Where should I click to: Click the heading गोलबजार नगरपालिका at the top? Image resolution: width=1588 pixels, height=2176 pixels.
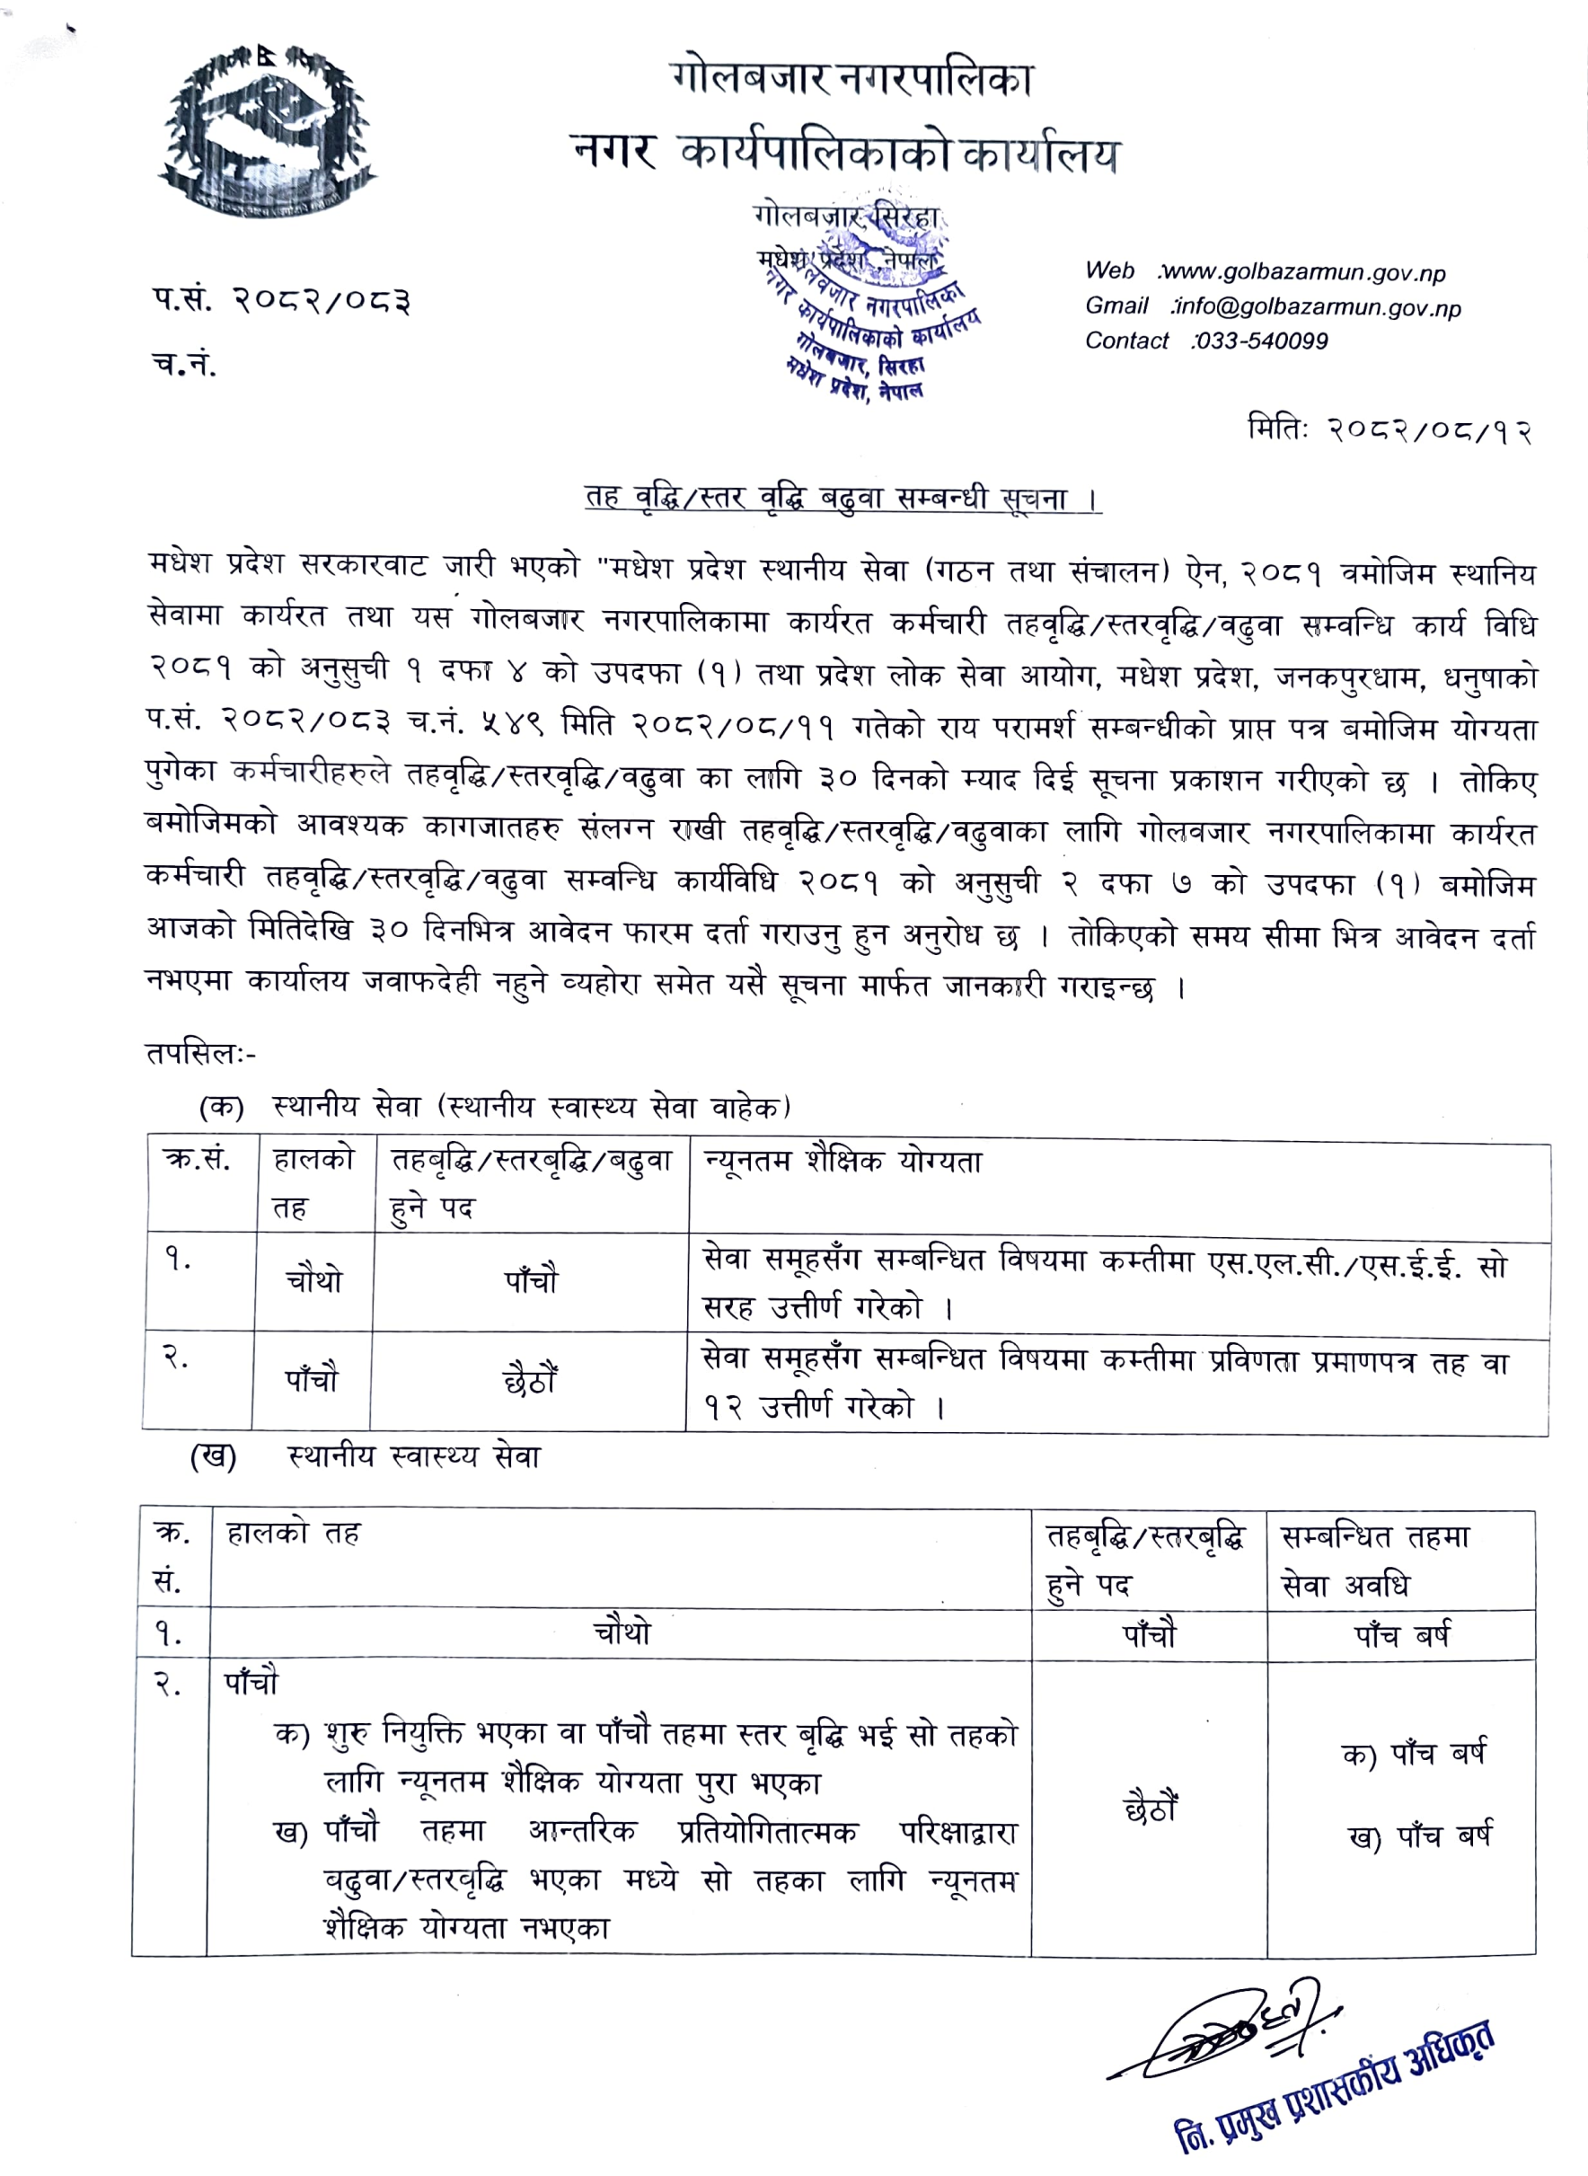click(x=852, y=79)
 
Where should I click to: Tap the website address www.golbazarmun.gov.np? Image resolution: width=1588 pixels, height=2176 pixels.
click(x=1303, y=273)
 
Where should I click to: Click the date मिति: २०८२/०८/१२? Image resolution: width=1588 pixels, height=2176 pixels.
click(x=1387, y=429)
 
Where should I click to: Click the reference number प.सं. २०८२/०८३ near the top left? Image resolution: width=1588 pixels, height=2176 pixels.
click(x=281, y=301)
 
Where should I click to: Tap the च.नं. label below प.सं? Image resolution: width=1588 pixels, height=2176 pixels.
click(x=183, y=365)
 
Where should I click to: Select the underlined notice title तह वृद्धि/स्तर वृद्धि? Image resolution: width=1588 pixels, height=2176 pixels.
click(x=843, y=498)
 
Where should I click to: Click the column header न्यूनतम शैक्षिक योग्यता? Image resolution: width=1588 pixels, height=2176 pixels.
click(x=843, y=1163)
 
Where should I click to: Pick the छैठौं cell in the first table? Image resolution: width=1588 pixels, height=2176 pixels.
click(x=530, y=1383)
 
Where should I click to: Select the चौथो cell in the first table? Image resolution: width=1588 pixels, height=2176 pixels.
click(x=313, y=1281)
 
